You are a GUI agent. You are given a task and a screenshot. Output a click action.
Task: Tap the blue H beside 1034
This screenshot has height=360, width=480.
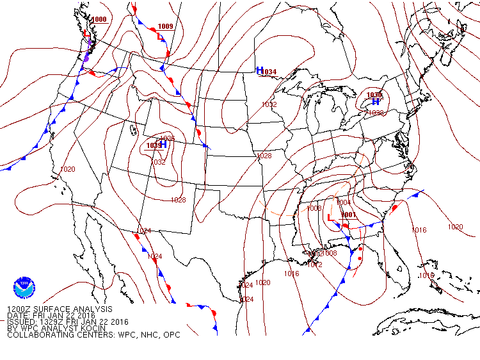point(260,70)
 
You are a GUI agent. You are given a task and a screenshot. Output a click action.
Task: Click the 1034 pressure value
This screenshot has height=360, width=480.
point(269,72)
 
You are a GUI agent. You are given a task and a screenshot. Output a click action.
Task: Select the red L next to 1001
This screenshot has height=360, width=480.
point(330,218)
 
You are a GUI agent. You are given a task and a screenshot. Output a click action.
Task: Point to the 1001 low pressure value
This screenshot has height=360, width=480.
point(349,215)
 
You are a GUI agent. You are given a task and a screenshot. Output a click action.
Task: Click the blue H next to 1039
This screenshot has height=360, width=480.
point(163,145)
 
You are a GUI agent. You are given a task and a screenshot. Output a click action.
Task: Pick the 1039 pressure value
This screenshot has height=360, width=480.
point(154,145)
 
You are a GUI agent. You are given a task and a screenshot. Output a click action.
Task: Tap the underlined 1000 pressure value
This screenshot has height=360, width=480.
point(99,20)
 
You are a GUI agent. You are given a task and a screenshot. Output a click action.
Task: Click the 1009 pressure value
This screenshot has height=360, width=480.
point(165,26)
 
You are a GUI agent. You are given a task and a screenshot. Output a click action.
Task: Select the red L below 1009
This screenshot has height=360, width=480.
point(160,37)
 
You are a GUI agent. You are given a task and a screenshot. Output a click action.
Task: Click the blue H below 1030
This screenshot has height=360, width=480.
point(376,102)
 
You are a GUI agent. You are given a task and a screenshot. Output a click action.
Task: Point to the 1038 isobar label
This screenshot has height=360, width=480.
point(376,113)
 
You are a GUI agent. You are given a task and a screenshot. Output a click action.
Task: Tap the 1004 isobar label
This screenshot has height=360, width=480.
point(344,202)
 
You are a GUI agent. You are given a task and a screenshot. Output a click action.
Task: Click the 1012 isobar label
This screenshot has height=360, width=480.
point(315,265)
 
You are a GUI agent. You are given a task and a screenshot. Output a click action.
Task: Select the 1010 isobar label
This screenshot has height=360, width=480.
point(426,275)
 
